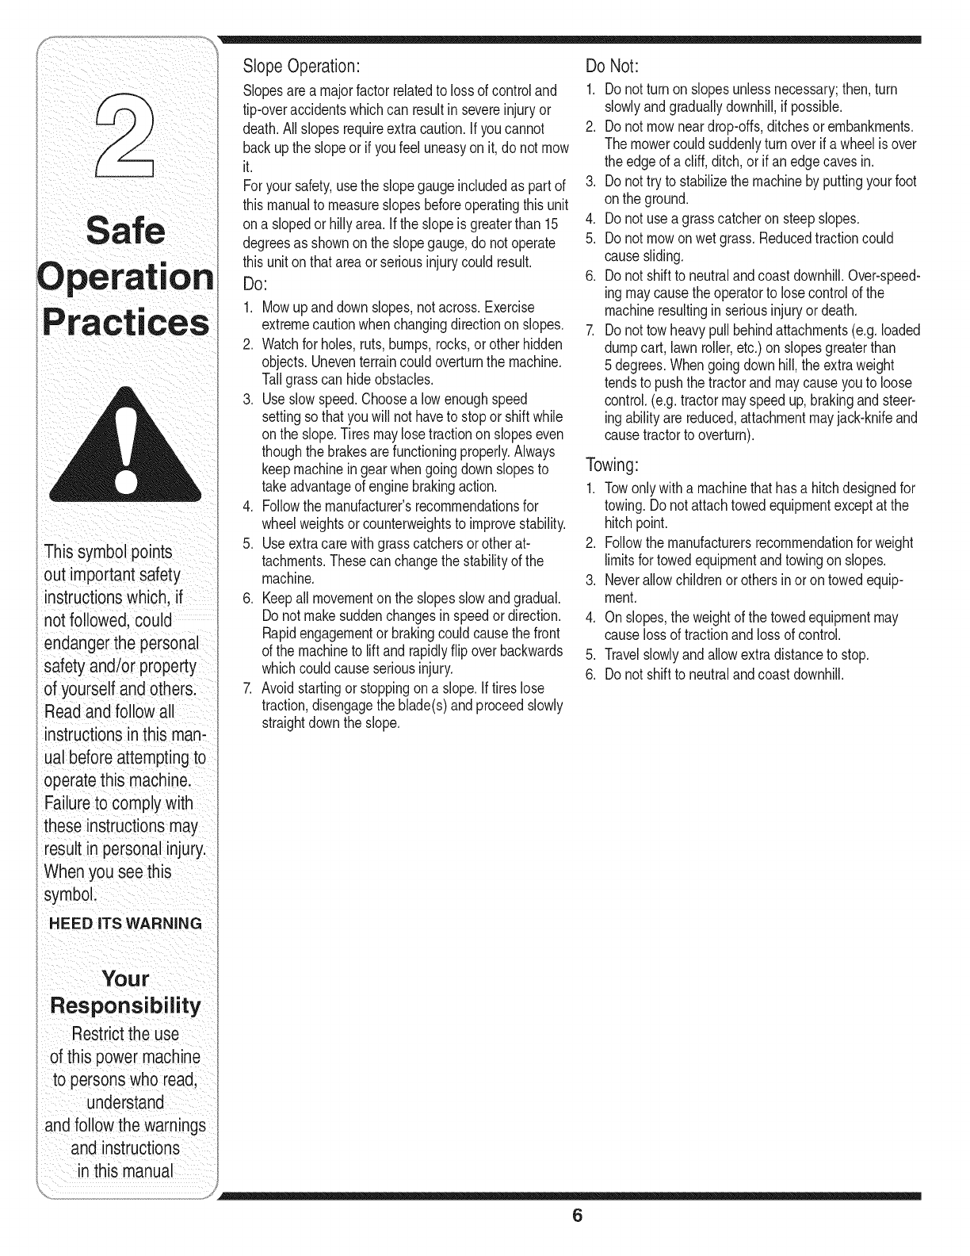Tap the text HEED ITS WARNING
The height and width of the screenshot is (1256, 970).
click(x=125, y=923)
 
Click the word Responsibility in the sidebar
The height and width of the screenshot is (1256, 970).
click(x=125, y=1006)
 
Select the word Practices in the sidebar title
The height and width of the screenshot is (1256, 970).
click(x=125, y=323)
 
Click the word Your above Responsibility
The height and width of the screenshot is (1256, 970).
click(x=125, y=978)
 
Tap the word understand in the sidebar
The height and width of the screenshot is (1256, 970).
click(x=125, y=1102)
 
